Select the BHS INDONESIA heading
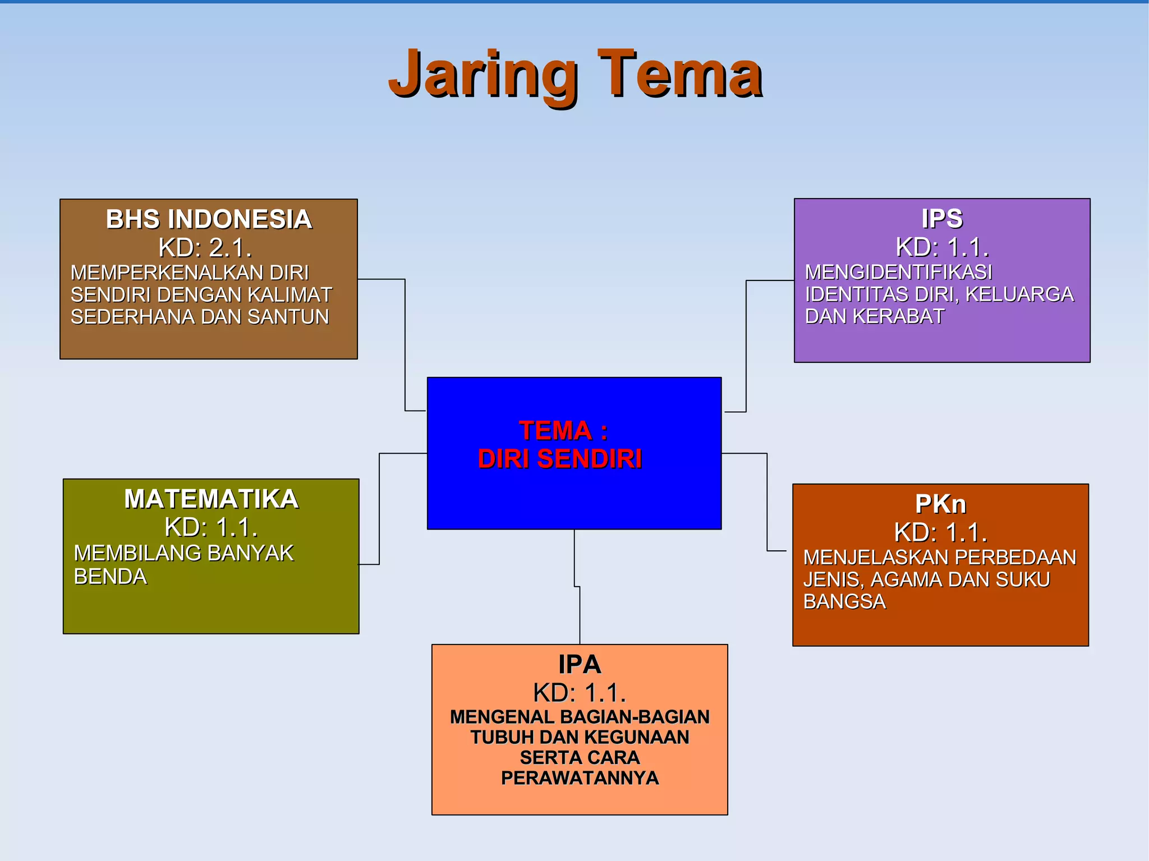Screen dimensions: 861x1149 pyautogui.click(x=209, y=219)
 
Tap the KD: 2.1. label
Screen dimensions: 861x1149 pyautogui.click(x=205, y=247)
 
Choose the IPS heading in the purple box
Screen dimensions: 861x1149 pyautogui.click(x=942, y=219)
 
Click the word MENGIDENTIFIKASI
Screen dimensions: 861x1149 pyautogui.click(x=898, y=272)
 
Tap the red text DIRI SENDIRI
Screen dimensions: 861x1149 pyautogui.click(x=559, y=459)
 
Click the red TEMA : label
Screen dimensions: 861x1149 pyautogui.click(x=563, y=431)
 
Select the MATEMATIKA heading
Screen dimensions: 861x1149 pyautogui.click(x=211, y=499)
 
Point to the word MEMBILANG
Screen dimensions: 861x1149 pyautogui.click(x=138, y=553)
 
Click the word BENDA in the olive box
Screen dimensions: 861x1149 pyautogui.click(x=111, y=577)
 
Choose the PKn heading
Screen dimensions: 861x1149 pyautogui.click(x=940, y=504)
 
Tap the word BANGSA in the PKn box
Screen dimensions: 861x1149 pyautogui.click(x=844, y=601)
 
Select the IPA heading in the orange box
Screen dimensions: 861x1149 pyautogui.click(x=580, y=665)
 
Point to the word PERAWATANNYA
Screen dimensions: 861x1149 pyautogui.click(x=580, y=778)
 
